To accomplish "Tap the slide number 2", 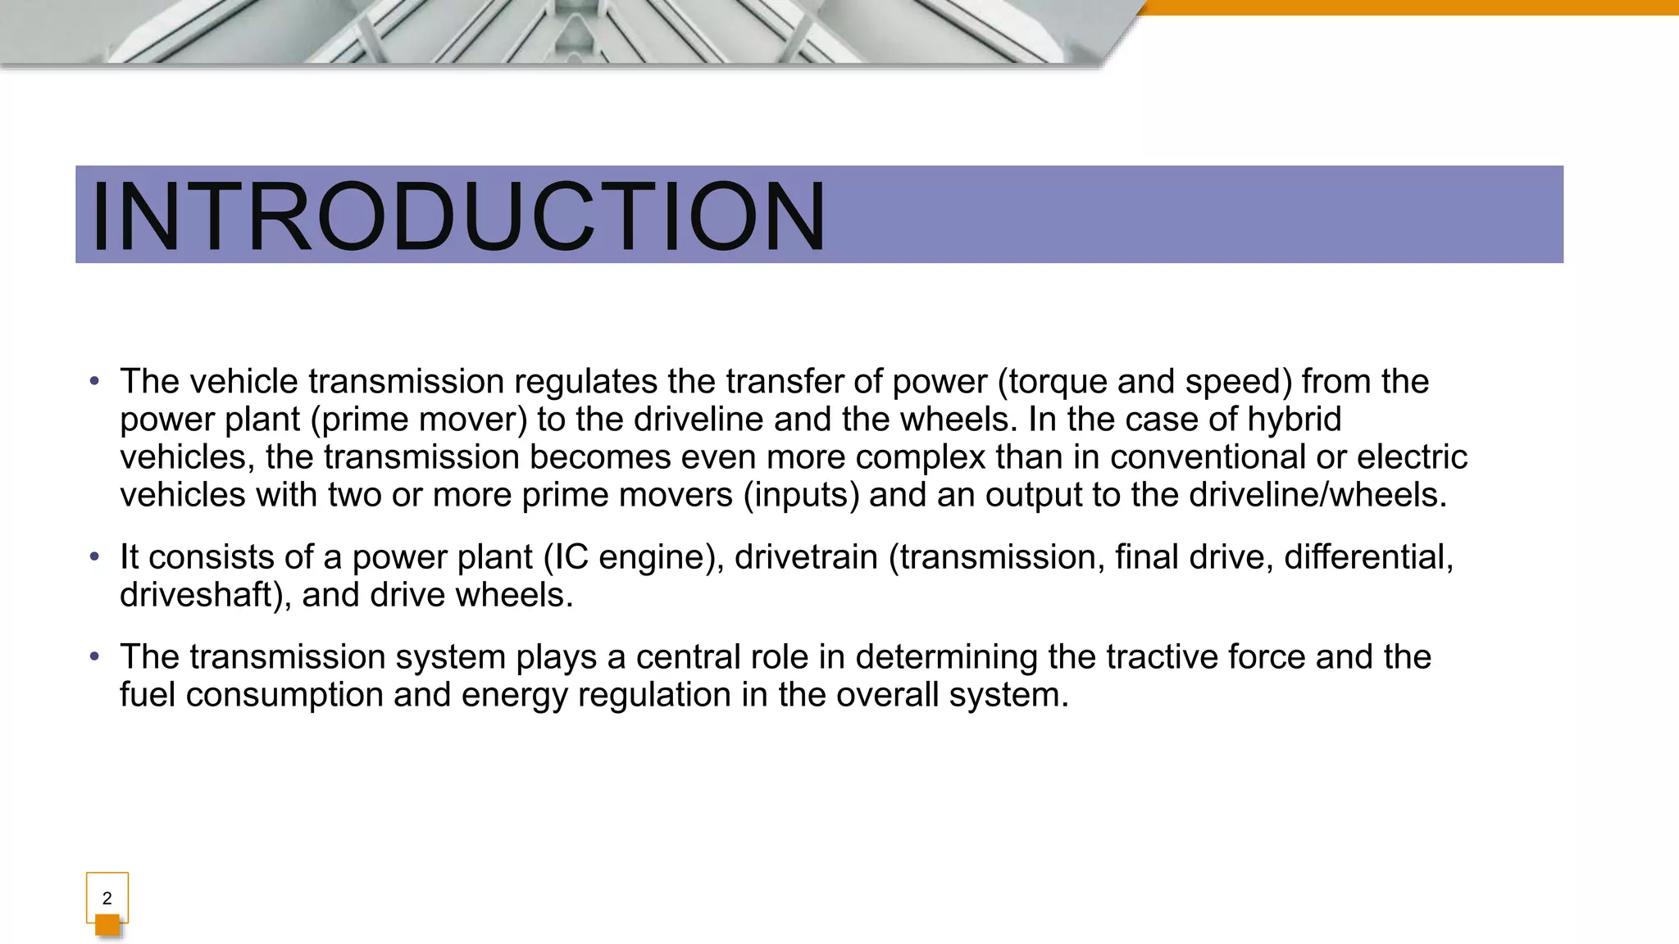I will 107,898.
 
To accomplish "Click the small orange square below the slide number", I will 107,925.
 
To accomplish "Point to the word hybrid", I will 1294,420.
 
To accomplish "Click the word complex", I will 920,457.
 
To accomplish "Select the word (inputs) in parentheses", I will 801,495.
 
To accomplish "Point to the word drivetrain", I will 806,557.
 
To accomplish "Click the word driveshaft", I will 205,595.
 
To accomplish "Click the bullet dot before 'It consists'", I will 95,557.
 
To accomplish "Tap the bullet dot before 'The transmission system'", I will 95,657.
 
